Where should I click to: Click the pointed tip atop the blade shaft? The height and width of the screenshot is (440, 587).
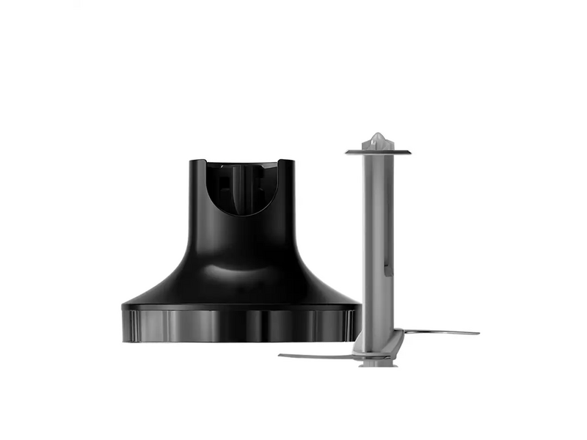coord(378,137)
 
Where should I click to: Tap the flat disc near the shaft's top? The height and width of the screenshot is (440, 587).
coord(378,152)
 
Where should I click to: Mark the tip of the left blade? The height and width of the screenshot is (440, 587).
coord(281,357)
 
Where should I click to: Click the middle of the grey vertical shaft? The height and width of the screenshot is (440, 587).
coord(378,242)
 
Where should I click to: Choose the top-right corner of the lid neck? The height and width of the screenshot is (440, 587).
coord(294,161)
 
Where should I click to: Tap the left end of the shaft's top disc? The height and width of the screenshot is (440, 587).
coord(347,152)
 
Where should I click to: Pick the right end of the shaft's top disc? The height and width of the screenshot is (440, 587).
coord(409,153)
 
